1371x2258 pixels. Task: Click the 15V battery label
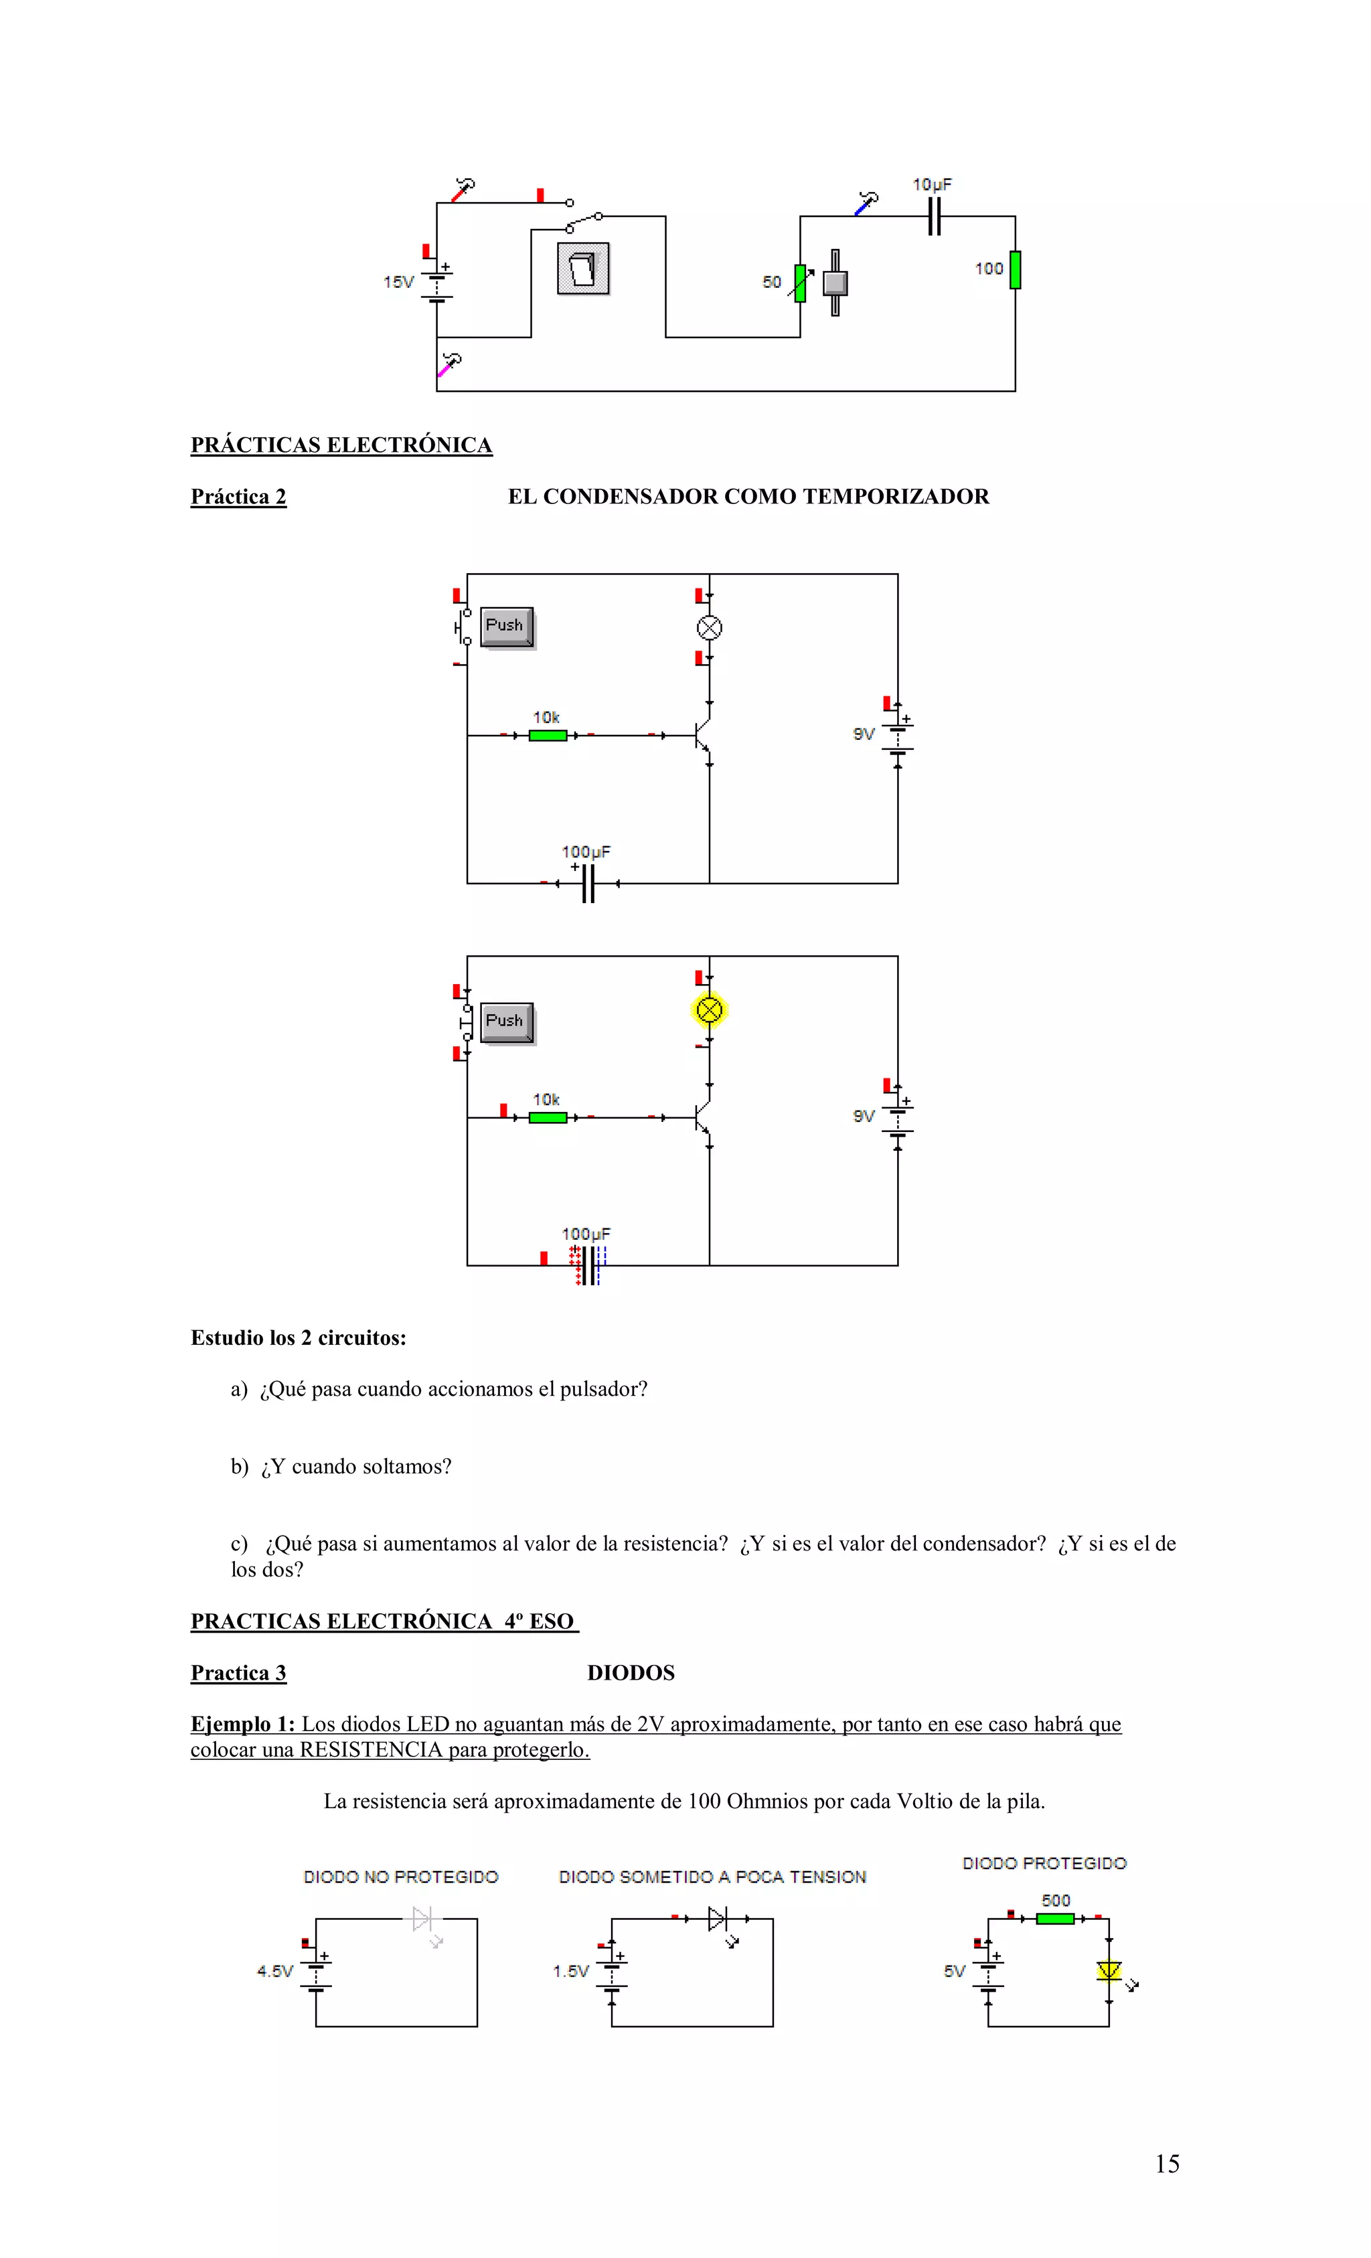399,283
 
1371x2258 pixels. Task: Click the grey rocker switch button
583,268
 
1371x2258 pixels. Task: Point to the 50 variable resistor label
772,283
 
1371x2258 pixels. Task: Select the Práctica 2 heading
238,497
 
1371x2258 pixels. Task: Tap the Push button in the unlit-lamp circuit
506,626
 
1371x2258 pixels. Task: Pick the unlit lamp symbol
710,628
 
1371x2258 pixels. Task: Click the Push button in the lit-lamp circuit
506,1022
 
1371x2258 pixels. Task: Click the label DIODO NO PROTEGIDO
400,1877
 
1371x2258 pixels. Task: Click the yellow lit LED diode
1109,1970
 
